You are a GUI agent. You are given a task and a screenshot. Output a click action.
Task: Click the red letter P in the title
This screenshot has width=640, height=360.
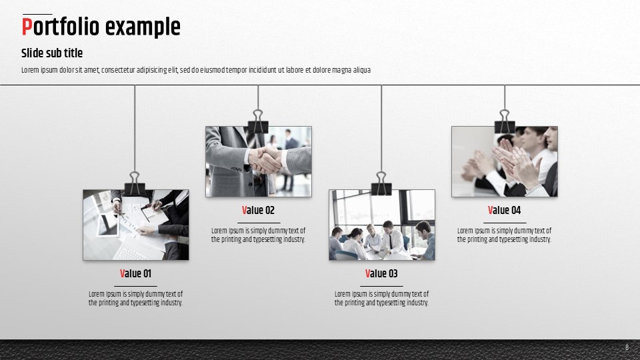27,27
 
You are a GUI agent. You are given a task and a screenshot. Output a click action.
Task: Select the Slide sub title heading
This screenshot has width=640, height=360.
52,53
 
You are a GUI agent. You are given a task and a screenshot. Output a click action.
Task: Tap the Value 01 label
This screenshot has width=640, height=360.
135,273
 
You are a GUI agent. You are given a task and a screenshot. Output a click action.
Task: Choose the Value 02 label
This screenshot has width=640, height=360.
259,210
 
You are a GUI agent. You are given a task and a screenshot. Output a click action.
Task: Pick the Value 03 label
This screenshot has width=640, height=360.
381,273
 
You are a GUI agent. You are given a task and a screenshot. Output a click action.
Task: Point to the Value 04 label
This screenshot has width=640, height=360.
505,210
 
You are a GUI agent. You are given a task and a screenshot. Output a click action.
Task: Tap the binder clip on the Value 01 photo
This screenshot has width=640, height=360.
135,184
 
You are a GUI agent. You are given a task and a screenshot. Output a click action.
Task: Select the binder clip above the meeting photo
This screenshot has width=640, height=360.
381,184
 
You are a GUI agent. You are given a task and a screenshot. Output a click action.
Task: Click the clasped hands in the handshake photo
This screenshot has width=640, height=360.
265,161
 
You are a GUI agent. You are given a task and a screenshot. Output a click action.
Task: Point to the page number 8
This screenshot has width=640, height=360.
627,348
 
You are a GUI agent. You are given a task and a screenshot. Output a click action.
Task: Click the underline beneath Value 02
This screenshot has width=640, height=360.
259,223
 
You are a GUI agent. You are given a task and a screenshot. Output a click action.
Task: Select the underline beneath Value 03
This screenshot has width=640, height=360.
381,286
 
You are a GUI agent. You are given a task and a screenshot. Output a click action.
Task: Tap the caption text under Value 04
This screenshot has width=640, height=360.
504,235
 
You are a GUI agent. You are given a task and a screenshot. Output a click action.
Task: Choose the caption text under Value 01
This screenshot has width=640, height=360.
135,299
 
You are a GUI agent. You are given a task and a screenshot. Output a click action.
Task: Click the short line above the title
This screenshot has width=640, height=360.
37,14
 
